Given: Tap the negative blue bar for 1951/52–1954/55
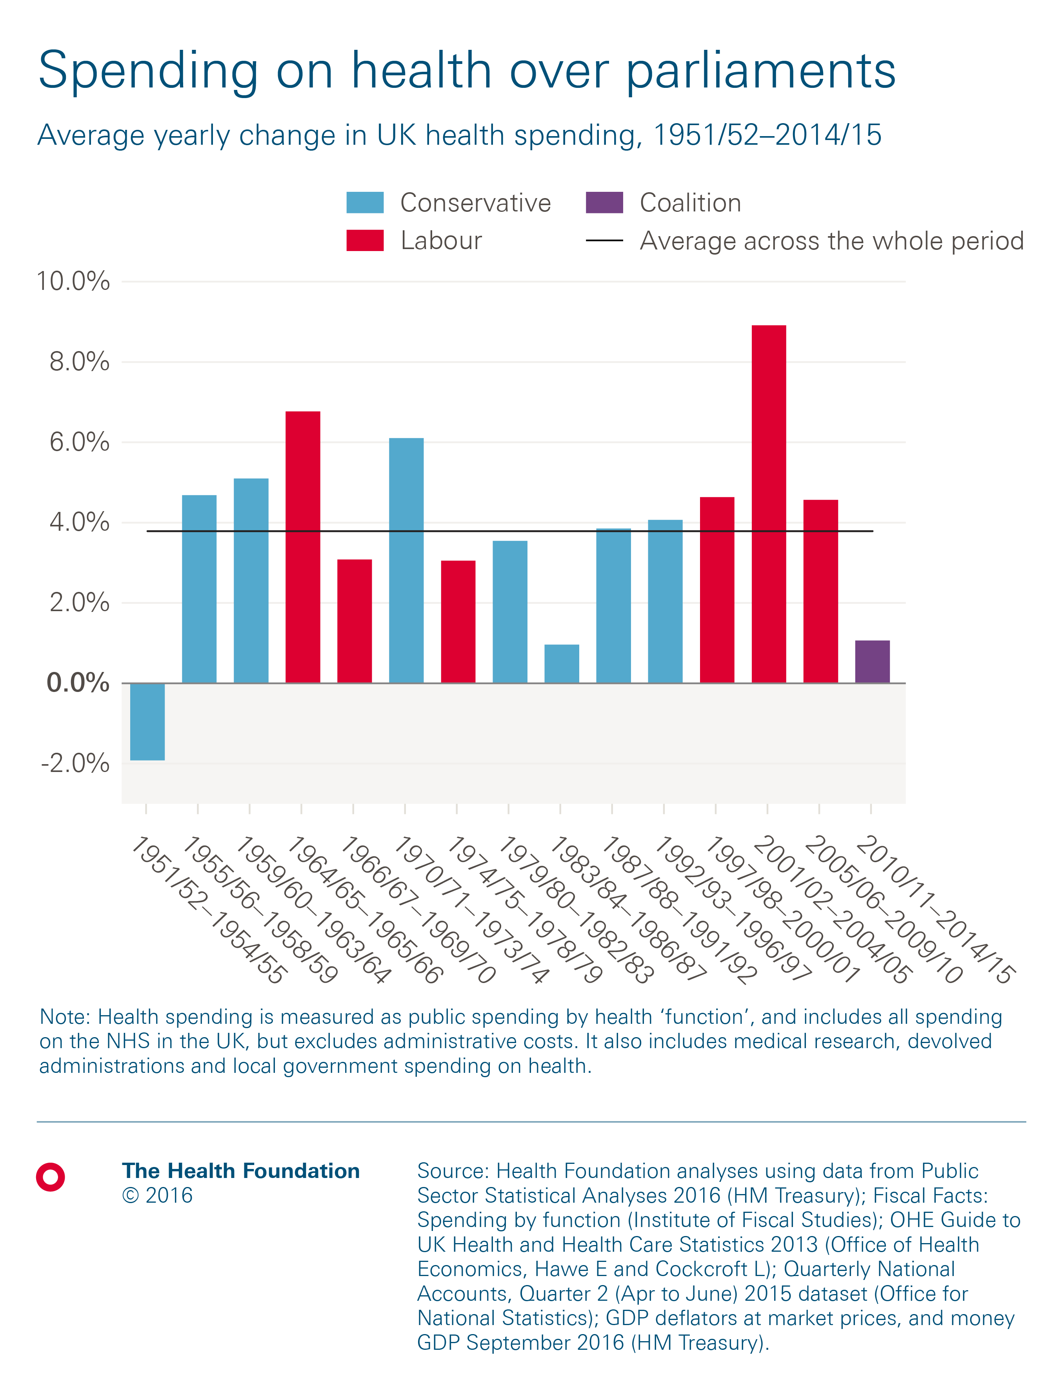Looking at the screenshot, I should click(x=147, y=721).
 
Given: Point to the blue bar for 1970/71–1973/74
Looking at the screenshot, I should click(x=406, y=560).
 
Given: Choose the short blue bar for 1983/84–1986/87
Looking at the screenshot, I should click(x=561, y=663).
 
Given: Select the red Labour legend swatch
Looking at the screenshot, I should click(x=365, y=240).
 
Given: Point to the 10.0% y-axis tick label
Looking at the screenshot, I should click(x=73, y=282).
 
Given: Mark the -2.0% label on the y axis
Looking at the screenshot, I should click(x=75, y=763).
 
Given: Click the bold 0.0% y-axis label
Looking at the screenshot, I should click(x=77, y=683).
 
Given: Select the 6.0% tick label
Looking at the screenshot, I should click(x=79, y=442).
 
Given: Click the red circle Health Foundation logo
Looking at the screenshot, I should click(x=51, y=1177).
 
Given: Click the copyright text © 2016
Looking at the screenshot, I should click(x=157, y=1196).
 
